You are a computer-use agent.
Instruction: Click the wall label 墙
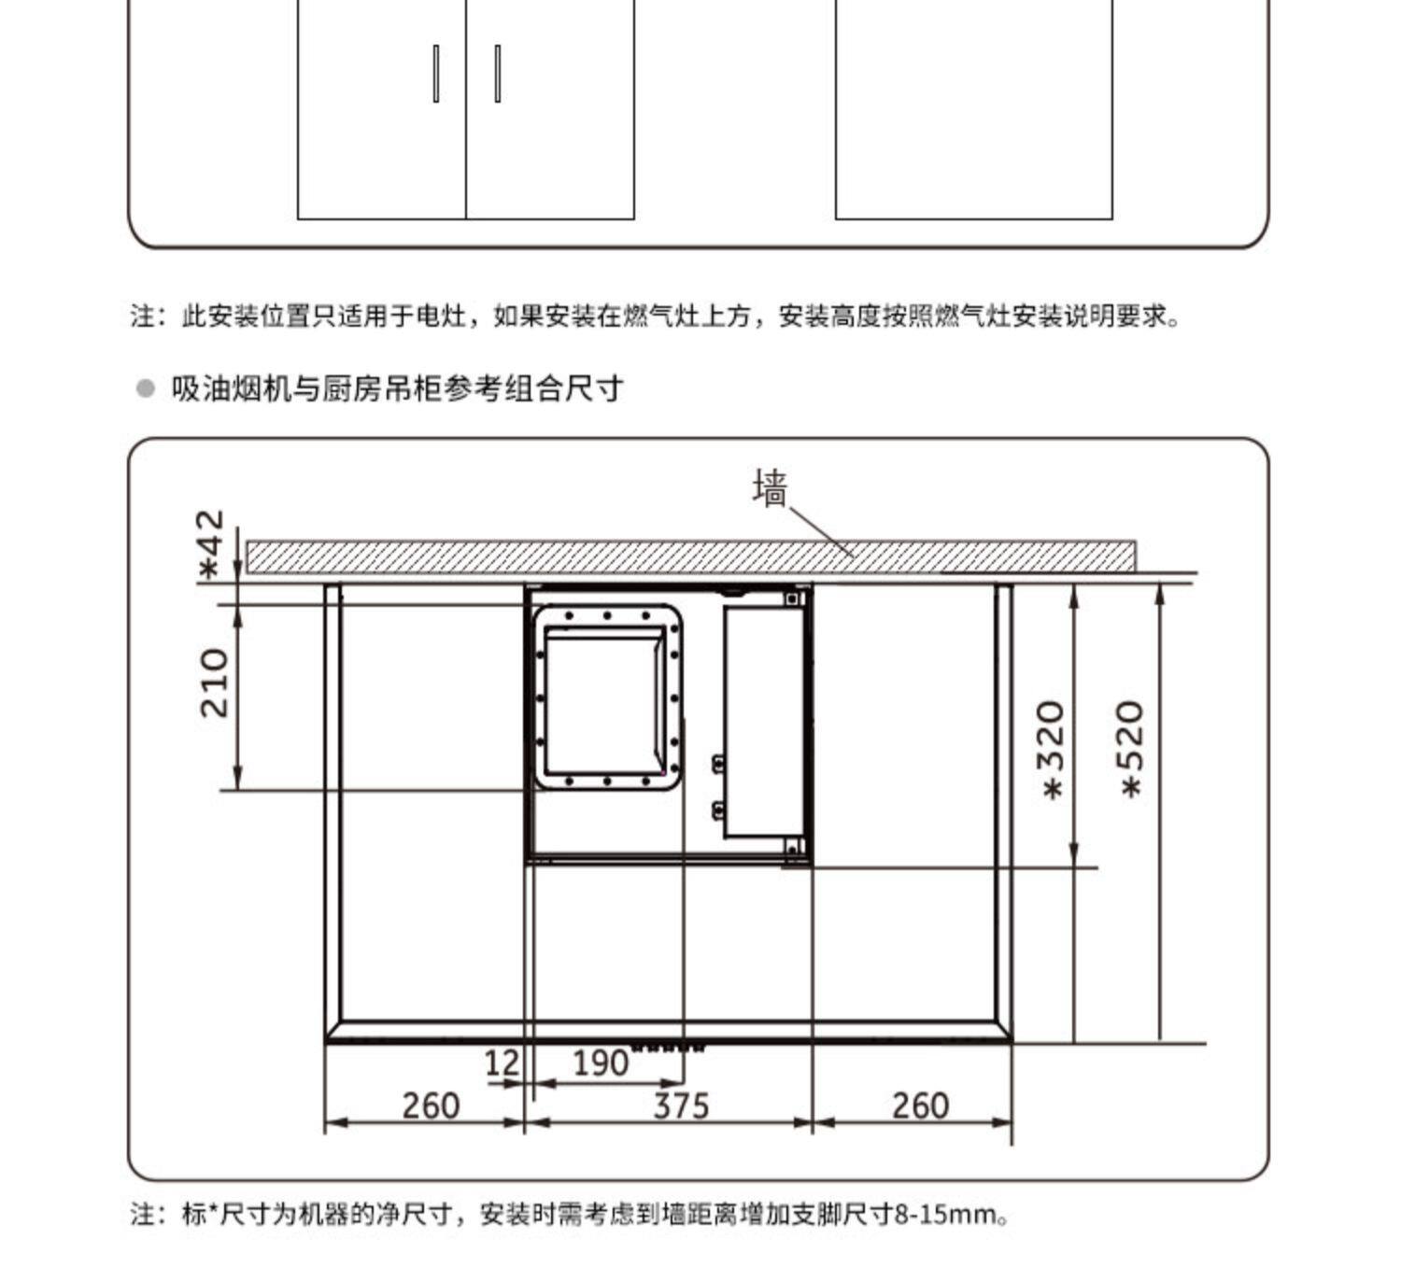tap(770, 488)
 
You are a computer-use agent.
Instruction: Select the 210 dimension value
tap(215, 683)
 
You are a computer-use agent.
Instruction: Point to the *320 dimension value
tap(1053, 750)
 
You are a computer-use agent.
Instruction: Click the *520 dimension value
tap(1131, 749)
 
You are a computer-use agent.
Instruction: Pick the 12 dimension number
tap(502, 1063)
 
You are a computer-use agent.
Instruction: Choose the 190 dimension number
tap(600, 1063)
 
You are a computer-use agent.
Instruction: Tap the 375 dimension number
tap(681, 1106)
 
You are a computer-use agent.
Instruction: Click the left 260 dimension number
tap(431, 1106)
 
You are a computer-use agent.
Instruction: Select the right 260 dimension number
tap(920, 1106)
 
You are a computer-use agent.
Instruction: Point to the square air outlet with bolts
tap(607, 697)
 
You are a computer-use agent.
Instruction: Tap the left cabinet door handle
tap(436, 73)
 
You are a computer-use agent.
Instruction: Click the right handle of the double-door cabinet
tap(497, 73)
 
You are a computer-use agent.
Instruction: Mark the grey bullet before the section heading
tap(145, 388)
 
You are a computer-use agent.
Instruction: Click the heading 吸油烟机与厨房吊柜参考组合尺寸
tap(397, 388)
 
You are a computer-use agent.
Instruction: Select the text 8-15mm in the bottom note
tap(946, 1215)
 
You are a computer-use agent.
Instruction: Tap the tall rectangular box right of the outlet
tap(763, 721)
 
